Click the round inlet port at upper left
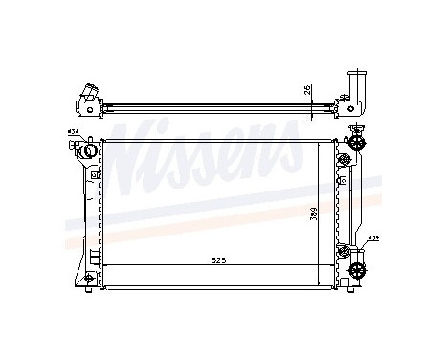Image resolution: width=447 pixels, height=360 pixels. pyautogui.click(x=88, y=149)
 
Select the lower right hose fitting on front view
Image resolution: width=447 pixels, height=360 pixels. pyautogui.click(x=358, y=269)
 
